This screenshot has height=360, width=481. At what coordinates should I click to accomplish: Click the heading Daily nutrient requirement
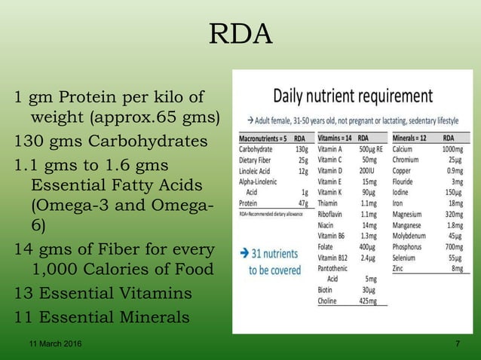point(352,96)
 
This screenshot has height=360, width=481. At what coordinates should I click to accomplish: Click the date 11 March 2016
point(51,344)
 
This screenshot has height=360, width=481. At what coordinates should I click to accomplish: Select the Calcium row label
point(406,149)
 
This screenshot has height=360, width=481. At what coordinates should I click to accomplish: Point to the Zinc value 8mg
point(455,268)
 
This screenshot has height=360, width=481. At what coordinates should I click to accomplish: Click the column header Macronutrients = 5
point(262,139)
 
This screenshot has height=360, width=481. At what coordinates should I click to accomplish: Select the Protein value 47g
point(302,203)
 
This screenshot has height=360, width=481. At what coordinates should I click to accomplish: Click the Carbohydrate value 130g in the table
point(301,149)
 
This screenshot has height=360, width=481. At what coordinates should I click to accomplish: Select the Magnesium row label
point(412,214)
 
